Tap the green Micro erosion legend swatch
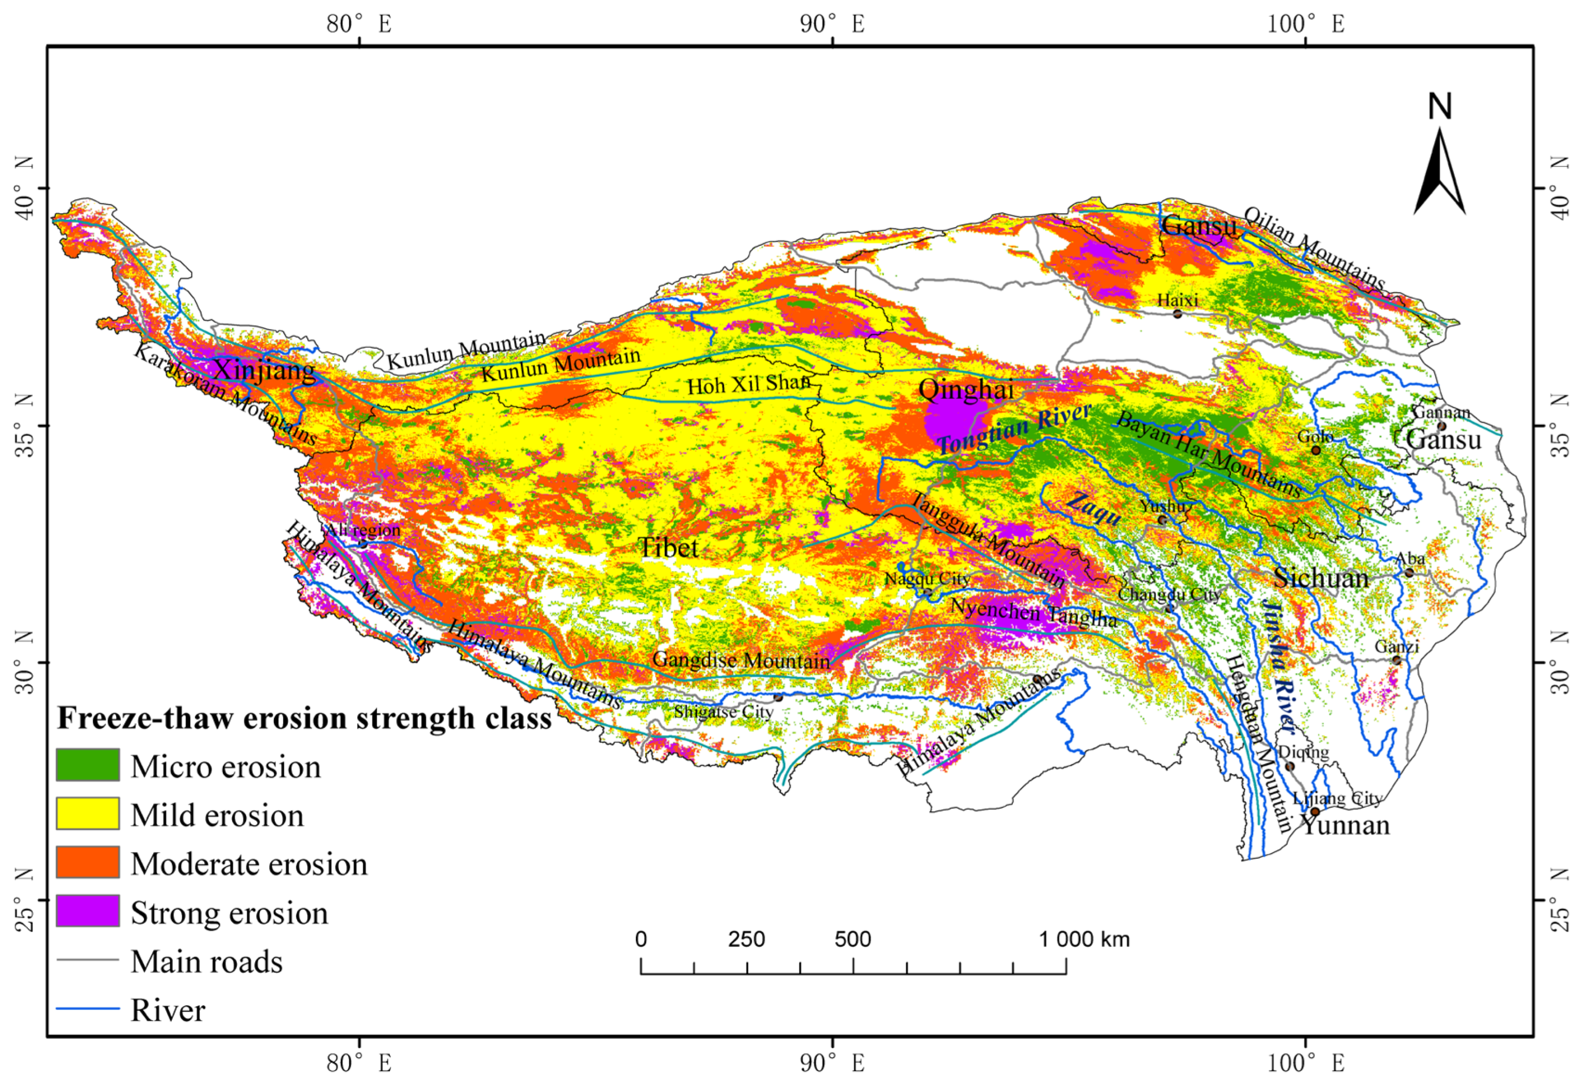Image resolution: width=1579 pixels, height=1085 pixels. coord(88,765)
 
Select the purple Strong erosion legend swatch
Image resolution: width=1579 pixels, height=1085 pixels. coord(88,911)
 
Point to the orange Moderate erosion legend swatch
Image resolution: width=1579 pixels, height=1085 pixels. coord(88,862)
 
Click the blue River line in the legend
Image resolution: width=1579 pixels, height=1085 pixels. coord(88,1009)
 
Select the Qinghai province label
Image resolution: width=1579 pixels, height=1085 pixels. coord(966,390)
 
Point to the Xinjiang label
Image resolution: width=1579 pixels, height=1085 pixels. coord(264,371)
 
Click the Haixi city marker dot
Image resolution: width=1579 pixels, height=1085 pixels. coord(1178,313)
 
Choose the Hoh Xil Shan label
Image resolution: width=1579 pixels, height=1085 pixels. coord(748,385)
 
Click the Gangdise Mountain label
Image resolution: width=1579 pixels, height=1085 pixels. coord(741,659)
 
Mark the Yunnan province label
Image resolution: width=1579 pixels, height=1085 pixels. coord(1345,825)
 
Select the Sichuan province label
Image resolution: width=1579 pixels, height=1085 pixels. coord(1321,578)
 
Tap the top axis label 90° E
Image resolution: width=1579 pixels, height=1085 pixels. coord(832,24)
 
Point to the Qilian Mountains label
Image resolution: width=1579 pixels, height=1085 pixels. coord(1314,248)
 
